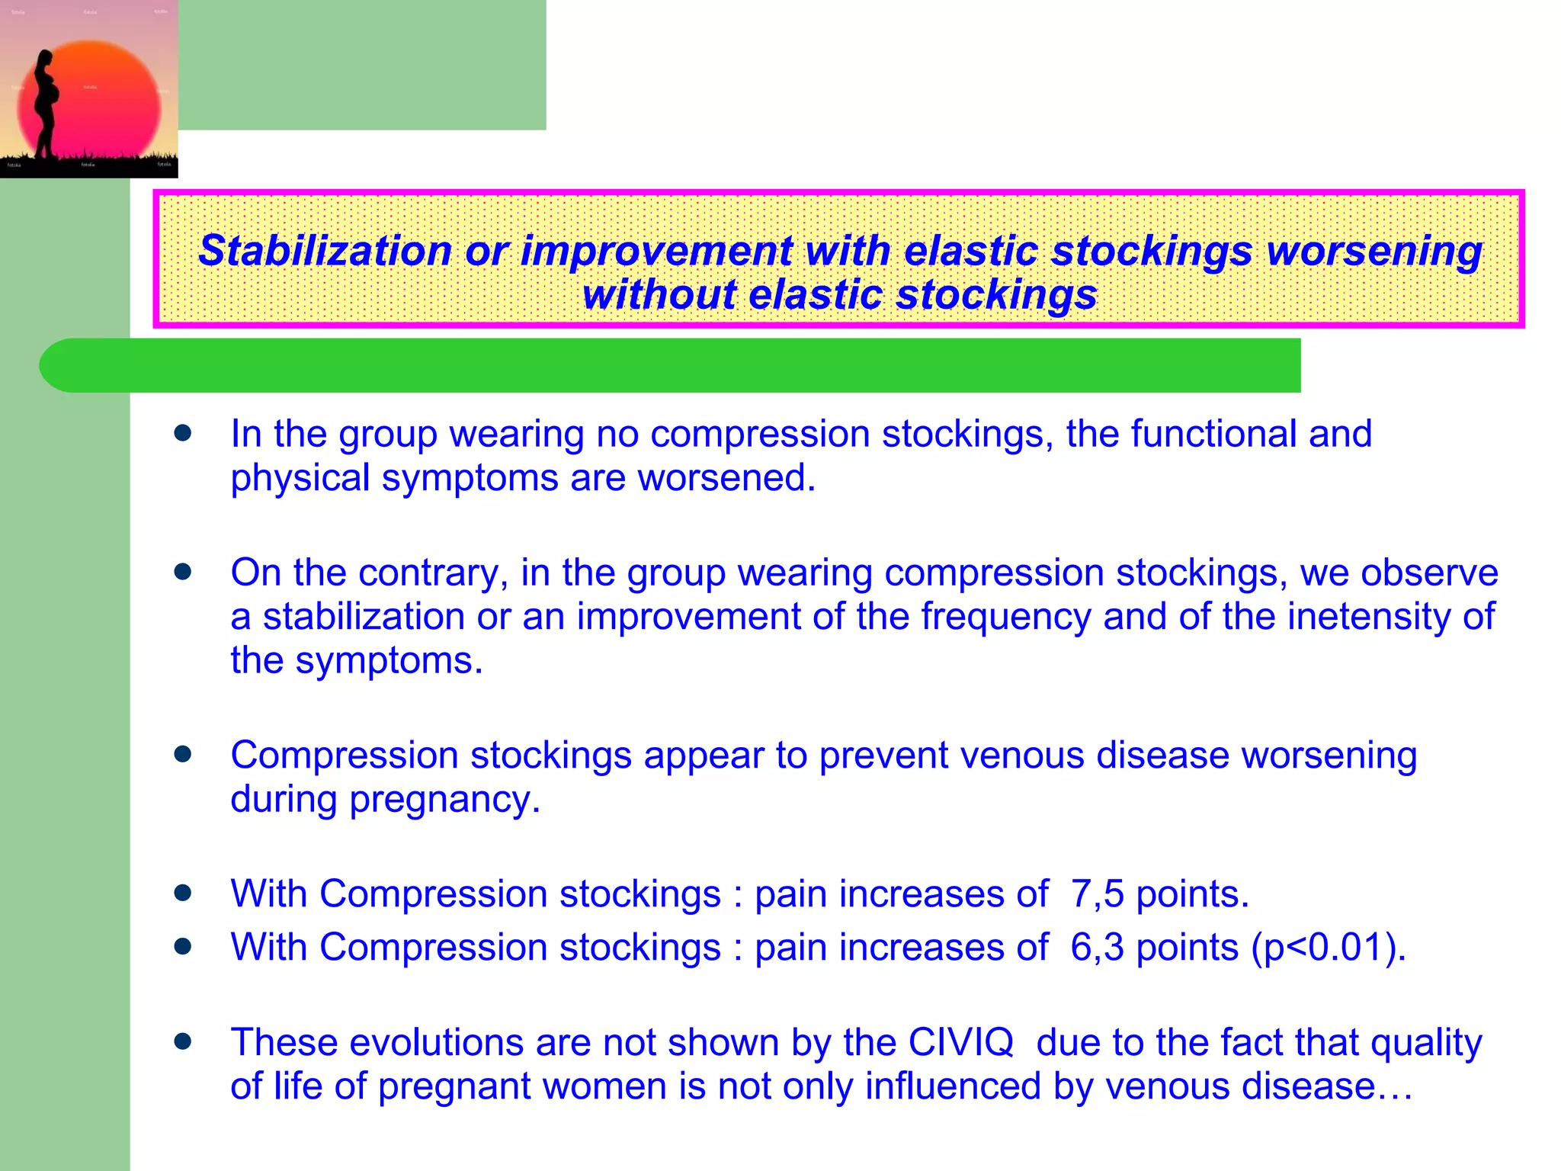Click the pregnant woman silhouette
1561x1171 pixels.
[x=44, y=103]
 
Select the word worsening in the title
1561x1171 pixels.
[x=1373, y=251]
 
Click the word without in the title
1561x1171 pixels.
[x=659, y=295]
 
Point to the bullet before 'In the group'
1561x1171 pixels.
[x=182, y=434]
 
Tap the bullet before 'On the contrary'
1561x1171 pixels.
[x=182, y=572]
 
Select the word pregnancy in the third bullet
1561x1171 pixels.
[x=444, y=800]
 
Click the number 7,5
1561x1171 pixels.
[x=1097, y=893]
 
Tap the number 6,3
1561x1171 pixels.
[x=1097, y=948]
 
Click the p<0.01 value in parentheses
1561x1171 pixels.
[x=1323, y=948]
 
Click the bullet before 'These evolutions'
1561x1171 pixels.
[x=182, y=1041]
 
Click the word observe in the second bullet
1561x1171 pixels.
[x=1429, y=573]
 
